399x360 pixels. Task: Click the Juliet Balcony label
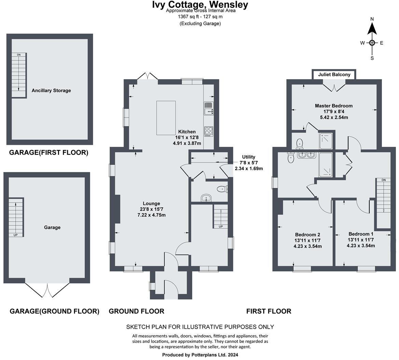tap(334, 75)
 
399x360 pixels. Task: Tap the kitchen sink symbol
tap(208, 108)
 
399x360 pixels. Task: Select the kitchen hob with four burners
tap(209, 131)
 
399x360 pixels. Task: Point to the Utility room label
tap(248, 157)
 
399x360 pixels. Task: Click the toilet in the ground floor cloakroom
tap(222, 189)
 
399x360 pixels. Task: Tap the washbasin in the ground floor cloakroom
tap(206, 198)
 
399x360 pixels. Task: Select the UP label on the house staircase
tap(220, 226)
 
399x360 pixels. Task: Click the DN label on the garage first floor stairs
tap(18, 55)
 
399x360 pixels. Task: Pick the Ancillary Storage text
tap(51, 91)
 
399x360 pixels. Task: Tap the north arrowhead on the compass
tap(372, 29)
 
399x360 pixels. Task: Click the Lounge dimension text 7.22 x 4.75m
tap(151, 215)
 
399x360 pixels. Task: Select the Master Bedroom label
tap(333, 106)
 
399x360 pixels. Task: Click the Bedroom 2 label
tap(307, 235)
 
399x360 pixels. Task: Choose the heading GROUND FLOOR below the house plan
tap(137, 311)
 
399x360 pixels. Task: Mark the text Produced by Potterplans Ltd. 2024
tap(200, 355)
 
